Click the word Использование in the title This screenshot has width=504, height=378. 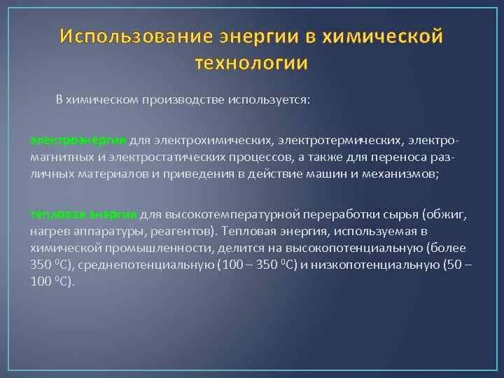136,36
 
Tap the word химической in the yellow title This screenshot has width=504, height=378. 382,36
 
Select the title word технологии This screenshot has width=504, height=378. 251,63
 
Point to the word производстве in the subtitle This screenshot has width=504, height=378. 183,100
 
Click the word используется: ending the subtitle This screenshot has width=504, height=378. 269,100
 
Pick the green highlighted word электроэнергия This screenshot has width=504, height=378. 78,141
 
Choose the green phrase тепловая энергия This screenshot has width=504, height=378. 83,214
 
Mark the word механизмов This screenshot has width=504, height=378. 400,174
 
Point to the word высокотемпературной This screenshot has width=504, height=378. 233,215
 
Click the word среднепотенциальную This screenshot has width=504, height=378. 146,265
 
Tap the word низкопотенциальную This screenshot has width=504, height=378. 374,265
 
